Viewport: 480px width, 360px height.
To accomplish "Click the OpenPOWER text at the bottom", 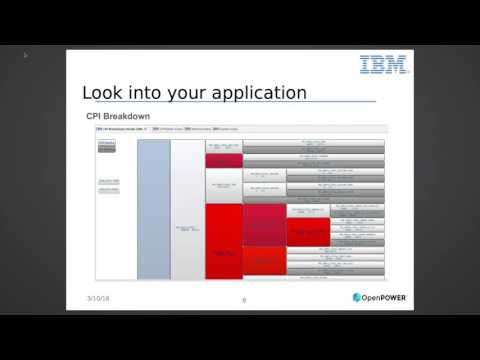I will (x=389, y=297).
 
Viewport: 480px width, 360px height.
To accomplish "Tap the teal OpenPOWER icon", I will (x=358, y=297).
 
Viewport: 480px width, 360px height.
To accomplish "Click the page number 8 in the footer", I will (x=243, y=299).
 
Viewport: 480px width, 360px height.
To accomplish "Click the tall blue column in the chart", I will (x=152, y=208).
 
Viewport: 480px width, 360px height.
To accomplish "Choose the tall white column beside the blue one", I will (x=187, y=208).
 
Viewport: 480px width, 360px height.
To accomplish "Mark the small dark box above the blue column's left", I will (x=107, y=146).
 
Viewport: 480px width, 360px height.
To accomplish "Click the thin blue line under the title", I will (x=229, y=104).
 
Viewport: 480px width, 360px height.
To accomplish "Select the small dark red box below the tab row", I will (x=224, y=160).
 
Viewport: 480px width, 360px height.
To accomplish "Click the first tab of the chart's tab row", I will (x=121, y=129).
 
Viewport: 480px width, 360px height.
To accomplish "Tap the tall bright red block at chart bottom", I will (x=223, y=240).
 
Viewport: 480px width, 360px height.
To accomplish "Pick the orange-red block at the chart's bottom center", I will (x=264, y=262).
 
